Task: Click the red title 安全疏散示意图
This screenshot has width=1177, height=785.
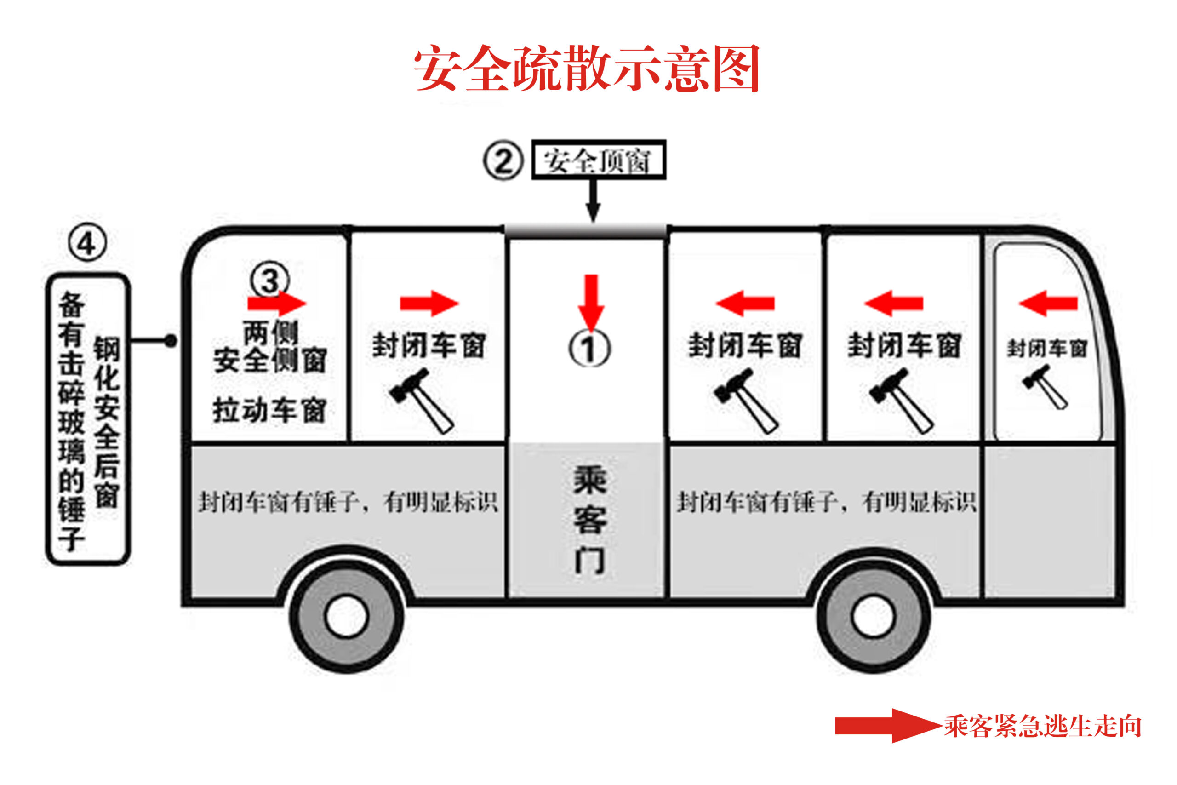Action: coord(587,68)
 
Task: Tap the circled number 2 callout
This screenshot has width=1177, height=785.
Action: coord(503,160)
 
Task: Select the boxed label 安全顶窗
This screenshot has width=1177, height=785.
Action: coord(599,160)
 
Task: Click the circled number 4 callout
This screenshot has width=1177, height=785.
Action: coord(87,243)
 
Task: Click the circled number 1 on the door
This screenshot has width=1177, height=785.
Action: coord(589,349)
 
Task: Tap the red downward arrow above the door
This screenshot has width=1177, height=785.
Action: coord(592,303)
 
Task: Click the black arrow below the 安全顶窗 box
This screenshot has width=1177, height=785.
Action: coord(593,200)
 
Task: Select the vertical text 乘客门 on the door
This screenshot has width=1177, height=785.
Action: coord(590,519)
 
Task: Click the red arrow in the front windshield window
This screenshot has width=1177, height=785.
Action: coord(1048,303)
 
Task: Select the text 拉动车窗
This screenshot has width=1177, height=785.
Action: coord(270,411)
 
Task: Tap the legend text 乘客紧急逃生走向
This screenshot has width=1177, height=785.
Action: coord(1042,726)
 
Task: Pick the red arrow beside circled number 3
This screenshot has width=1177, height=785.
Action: coord(277,303)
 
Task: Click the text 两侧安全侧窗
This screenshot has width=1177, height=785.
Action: coord(270,346)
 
